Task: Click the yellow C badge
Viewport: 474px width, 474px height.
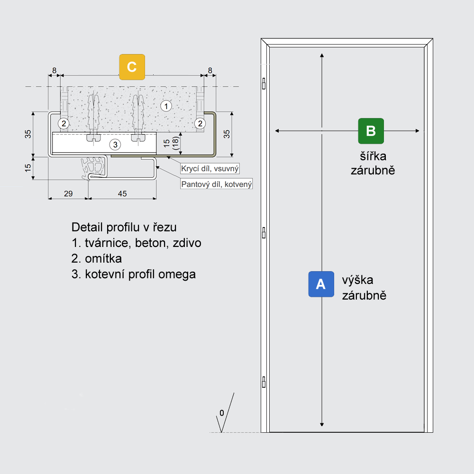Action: pyautogui.click(x=132, y=67)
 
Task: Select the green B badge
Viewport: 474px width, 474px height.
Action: pyautogui.click(x=371, y=131)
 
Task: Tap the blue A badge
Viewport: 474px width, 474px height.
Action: pyautogui.click(x=321, y=284)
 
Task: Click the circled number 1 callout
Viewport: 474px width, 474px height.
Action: pyautogui.click(x=166, y=106)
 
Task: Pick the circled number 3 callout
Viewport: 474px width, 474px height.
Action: pyautogui.click(x=115, y=145)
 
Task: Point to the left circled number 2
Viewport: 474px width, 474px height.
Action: pyautogui.click(x=64, y=123)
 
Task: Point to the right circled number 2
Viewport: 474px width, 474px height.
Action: pyautogui.click(x=200, y=123)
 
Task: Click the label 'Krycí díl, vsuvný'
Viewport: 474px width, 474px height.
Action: pyautogui.click(x=210, y=168)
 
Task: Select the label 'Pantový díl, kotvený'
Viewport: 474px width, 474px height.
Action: pyautogui.click(x=217, y=184)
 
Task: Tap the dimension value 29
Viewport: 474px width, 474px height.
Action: pyautogui.click(x=68, y=193)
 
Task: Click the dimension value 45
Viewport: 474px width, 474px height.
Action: pyautogui.click(x=122, y=193)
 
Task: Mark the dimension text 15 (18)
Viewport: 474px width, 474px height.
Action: pyautogui.click(x=171, y=143)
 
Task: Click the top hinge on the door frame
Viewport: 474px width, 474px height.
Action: pyautogui.click(x=264, y=83)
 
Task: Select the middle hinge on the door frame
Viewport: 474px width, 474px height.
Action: pyautogui.click(x=264, y=233)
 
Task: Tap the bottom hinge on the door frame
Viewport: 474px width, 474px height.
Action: pyautogui.click(x=264, y=382)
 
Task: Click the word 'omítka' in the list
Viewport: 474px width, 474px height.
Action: pyautogui.click(x=103, y=258)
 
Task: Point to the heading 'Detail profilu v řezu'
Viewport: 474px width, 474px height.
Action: pyautogui.click(x=124, y=228)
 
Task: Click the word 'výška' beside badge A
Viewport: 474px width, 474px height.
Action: pyautogui.click(x=357, y=280)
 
